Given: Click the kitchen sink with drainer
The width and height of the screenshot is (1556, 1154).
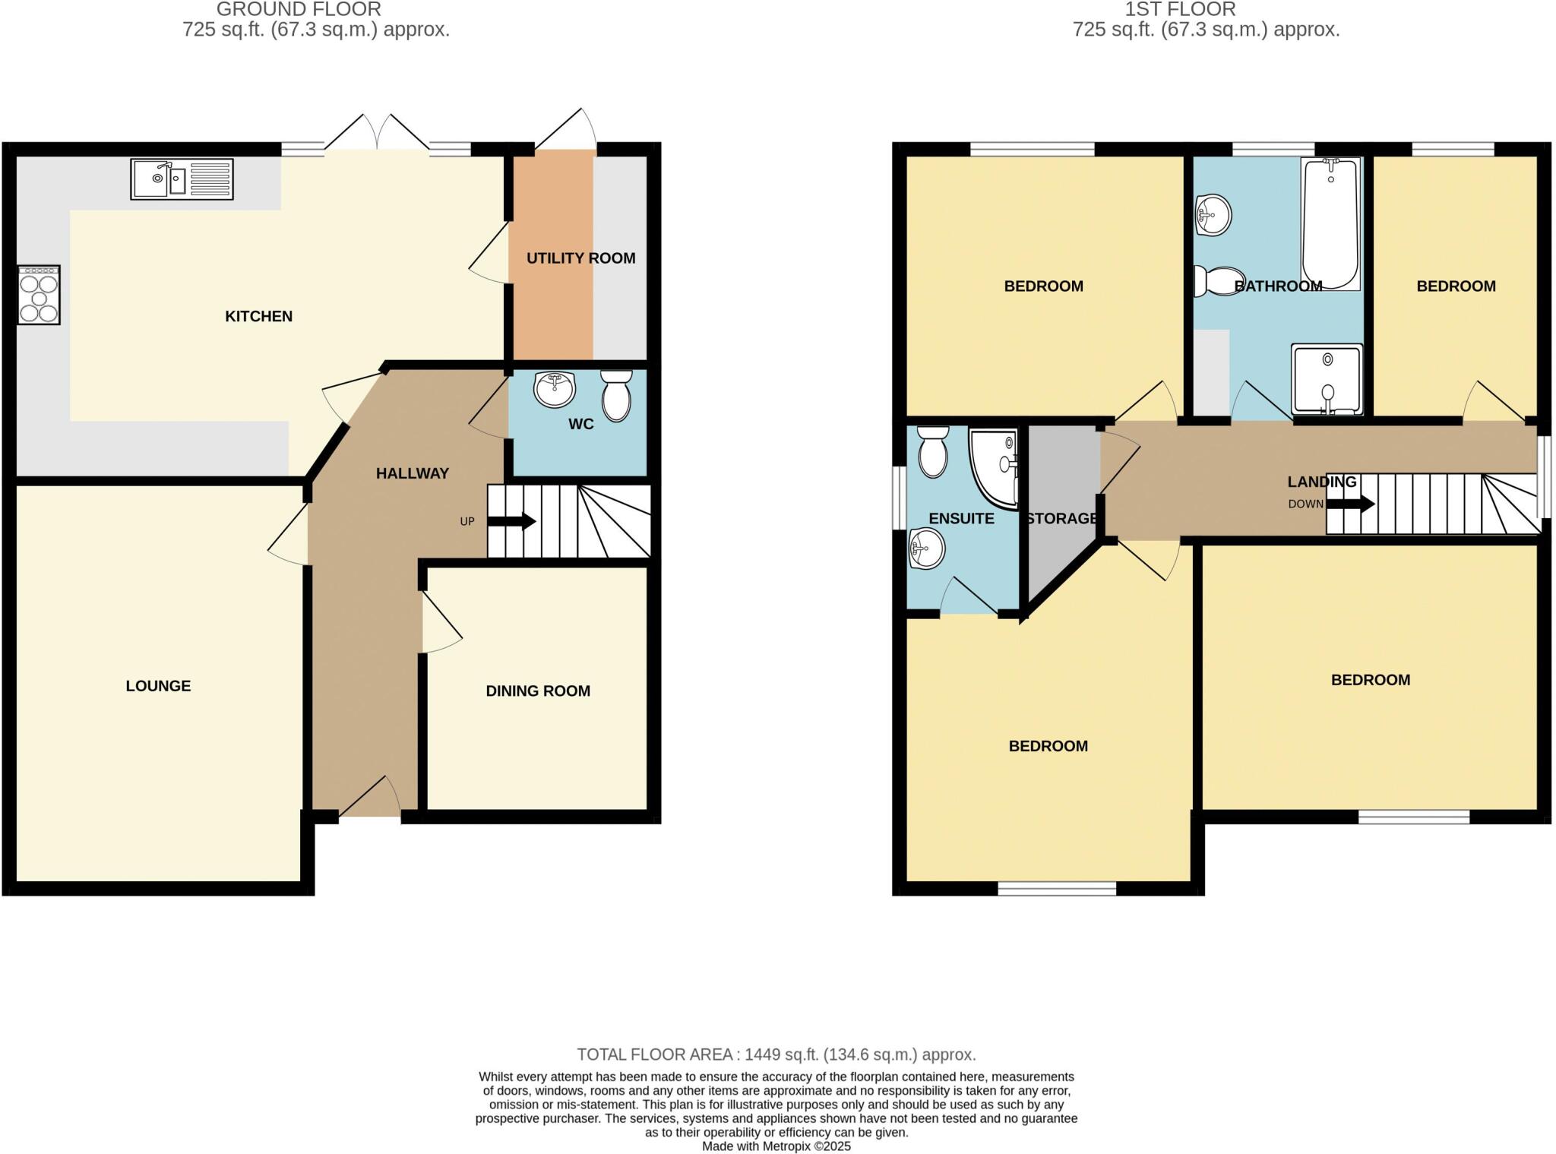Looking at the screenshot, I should tap(182, 179).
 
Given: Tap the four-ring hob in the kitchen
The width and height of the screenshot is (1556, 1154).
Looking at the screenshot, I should tap(39, 295).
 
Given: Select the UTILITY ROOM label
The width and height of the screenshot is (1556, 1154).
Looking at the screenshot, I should tap(580, 258).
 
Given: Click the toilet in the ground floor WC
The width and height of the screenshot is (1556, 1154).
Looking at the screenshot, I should tap(616, 397).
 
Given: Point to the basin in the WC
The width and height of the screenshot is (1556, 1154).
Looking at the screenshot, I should tap(554, 390).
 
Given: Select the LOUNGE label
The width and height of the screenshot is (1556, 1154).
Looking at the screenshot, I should tap(158, 686).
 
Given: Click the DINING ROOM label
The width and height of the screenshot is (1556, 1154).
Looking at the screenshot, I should tap(538, 691).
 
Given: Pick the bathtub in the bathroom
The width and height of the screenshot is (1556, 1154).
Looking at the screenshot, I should tap(1331, 224).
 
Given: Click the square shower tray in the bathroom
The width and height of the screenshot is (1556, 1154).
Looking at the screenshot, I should tap(1327, 380).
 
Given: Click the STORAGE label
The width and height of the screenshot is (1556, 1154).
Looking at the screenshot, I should tap(1061, 519).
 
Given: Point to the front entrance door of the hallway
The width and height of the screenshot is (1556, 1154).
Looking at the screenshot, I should tap(370, 800).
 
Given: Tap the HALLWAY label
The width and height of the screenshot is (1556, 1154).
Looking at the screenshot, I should tap(412, 474).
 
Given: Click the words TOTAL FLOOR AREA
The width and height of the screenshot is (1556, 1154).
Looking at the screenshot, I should tap(655, 1054).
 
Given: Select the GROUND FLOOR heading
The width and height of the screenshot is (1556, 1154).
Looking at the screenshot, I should tap(299, 10).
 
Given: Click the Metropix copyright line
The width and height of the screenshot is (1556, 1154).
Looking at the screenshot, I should tap(776, 1146).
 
